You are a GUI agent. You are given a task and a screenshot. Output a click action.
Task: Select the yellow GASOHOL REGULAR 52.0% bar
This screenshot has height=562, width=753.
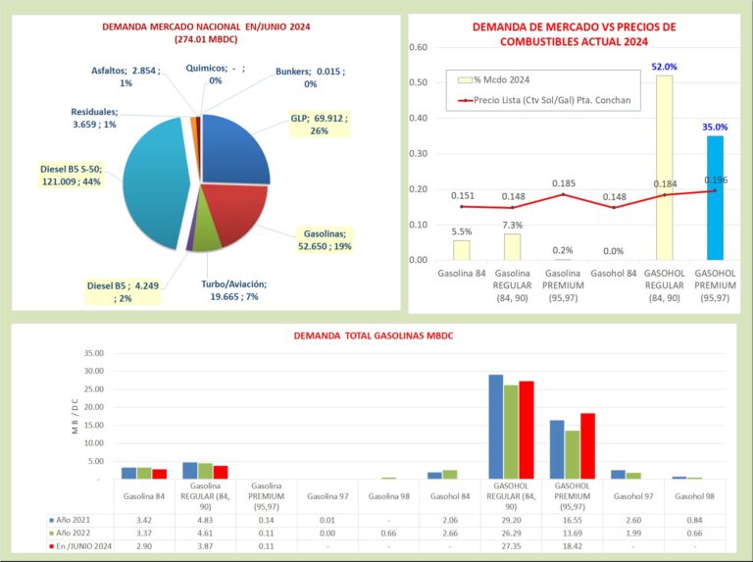[x=664, y=168]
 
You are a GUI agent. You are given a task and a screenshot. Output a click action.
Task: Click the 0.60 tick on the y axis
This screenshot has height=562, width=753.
[x=419, y=47]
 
